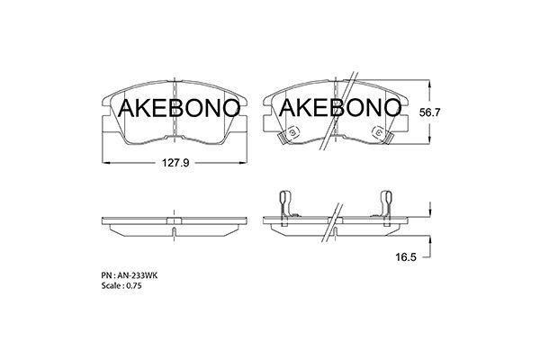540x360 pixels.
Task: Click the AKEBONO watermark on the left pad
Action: (x=179, y=109)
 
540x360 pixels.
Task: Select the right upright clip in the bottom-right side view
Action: (x=388, y=203)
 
